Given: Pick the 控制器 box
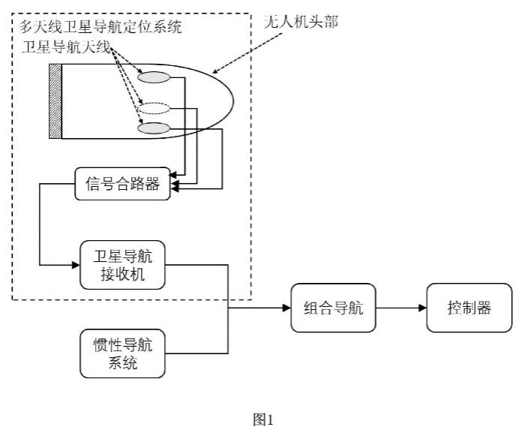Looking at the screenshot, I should coord(469,307).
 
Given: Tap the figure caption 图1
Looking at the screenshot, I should coord(265,420).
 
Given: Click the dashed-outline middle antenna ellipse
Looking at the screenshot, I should coord(153,107).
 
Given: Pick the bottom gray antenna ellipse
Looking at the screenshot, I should coord(153,129).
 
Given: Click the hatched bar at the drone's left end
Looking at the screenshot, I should coord(55,101).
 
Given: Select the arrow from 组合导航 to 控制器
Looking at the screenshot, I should coord(400,307).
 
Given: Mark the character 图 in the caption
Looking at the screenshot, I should coord(261,420).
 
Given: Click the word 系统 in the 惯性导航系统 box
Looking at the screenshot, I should coord(121,364).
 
